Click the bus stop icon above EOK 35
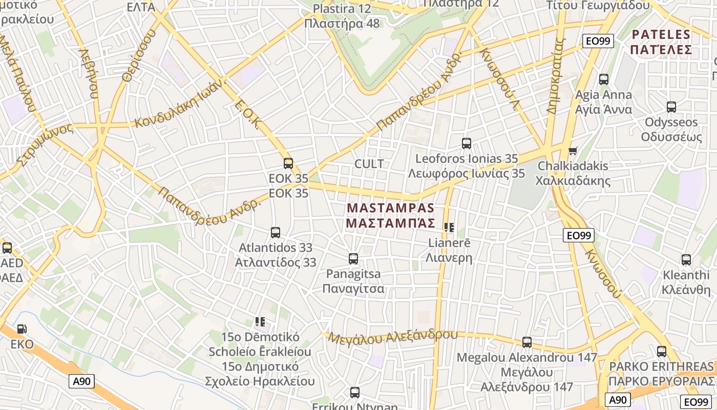(288, 163)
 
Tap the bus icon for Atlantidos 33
(276, 233)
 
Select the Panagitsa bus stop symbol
(353, 259)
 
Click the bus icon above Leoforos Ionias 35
(467, 143)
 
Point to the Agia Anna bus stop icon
(604, 79)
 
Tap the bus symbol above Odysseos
(671, 107)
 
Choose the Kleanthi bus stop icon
(686, 260)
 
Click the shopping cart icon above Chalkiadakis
(573, 151)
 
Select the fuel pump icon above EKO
(22, 329)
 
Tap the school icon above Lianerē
(449, 228)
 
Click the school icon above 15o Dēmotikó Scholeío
(260, 322)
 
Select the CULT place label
(369, 164)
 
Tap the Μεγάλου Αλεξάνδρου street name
(393, 337)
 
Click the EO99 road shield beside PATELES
(599, 41)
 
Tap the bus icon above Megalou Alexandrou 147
(527, 342)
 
